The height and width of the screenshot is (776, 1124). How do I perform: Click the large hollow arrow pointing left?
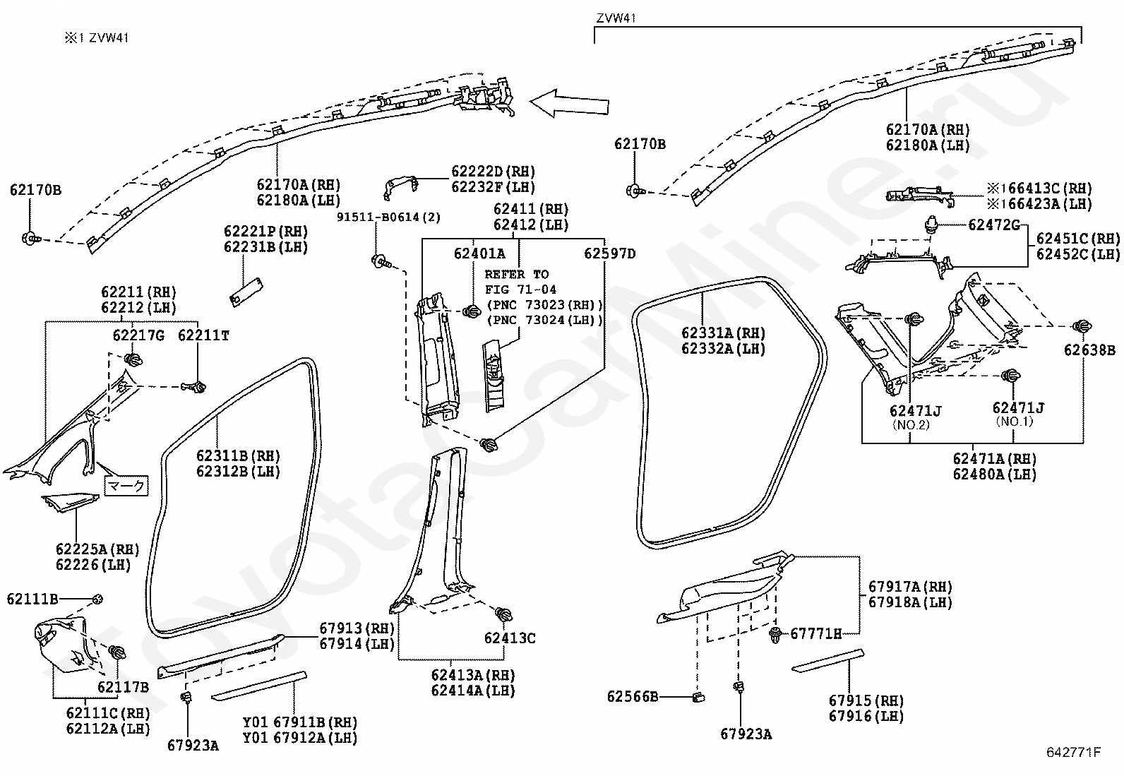click(569, 103)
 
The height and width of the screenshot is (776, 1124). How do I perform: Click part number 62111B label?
click(32, 599)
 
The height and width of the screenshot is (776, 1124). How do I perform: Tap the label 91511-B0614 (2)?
click(388, 217)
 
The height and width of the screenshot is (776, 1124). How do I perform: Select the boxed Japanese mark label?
click(126, 485)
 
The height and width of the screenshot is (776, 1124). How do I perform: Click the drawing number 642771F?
click(1073, 753)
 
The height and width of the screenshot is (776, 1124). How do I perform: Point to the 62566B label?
click(633, 697)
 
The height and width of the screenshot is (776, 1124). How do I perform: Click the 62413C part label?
click(510, 638)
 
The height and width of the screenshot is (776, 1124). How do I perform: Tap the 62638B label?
click(1090, 350)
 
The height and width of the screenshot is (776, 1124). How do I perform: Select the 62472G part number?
click(994, 225)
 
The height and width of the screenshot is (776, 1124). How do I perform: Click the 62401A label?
click(479, 253)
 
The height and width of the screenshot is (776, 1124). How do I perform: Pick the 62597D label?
click(610, 253)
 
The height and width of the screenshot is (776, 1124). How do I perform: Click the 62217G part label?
click(138, 335)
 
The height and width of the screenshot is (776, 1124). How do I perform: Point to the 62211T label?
click(204, 335)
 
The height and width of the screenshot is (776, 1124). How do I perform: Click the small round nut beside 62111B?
click(97, 599)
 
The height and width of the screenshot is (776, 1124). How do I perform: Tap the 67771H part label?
click(816, 634)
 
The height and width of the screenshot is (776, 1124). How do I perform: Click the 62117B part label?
click(124, 687)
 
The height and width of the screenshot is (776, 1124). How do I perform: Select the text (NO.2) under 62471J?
click(911, 424)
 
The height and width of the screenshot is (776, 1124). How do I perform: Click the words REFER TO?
click(517, 275)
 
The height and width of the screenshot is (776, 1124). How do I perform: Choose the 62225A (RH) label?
click(97, 549)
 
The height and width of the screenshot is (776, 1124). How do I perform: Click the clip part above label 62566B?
click(698, 697)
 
